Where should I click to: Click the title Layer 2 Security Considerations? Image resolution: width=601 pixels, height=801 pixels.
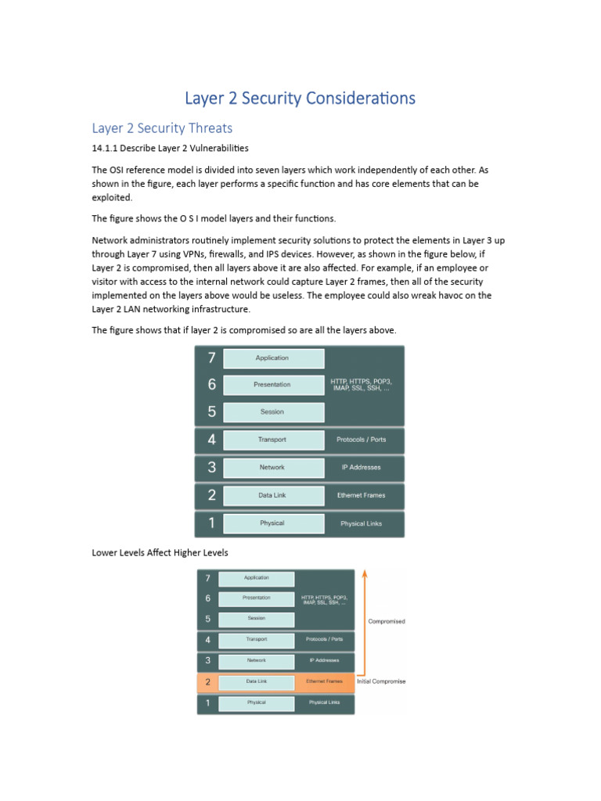(300, 99)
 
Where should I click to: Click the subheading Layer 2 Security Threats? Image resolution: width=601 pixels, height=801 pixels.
(162, 128)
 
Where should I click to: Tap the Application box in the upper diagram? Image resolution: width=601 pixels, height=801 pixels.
(273, 358)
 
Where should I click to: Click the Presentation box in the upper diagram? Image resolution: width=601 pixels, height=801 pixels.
(273, 385)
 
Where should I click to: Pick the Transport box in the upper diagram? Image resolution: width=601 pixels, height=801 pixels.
(273, 440)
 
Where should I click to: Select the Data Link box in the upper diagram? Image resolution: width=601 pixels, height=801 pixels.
(273, 495)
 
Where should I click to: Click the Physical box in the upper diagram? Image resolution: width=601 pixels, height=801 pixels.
(273, 523)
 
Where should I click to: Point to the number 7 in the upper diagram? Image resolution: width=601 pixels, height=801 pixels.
(211, 358)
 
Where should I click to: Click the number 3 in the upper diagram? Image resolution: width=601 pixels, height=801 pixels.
(211, 468)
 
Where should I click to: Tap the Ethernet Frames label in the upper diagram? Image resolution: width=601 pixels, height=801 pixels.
(361, 495)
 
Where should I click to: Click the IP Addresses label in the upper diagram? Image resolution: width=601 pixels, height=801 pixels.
(361, 468)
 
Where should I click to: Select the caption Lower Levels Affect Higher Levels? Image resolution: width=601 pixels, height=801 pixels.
(160, 553)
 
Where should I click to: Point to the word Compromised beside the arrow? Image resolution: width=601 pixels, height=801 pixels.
(387, 622)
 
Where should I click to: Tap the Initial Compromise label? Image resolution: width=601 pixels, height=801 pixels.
(381, 681)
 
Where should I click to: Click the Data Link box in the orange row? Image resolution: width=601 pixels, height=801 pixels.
(256, 681)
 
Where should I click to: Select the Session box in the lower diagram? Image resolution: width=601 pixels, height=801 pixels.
(256, 619)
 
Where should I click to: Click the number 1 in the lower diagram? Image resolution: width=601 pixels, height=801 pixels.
(207, 702)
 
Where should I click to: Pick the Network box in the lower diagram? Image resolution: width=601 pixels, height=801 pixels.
(256, 660)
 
